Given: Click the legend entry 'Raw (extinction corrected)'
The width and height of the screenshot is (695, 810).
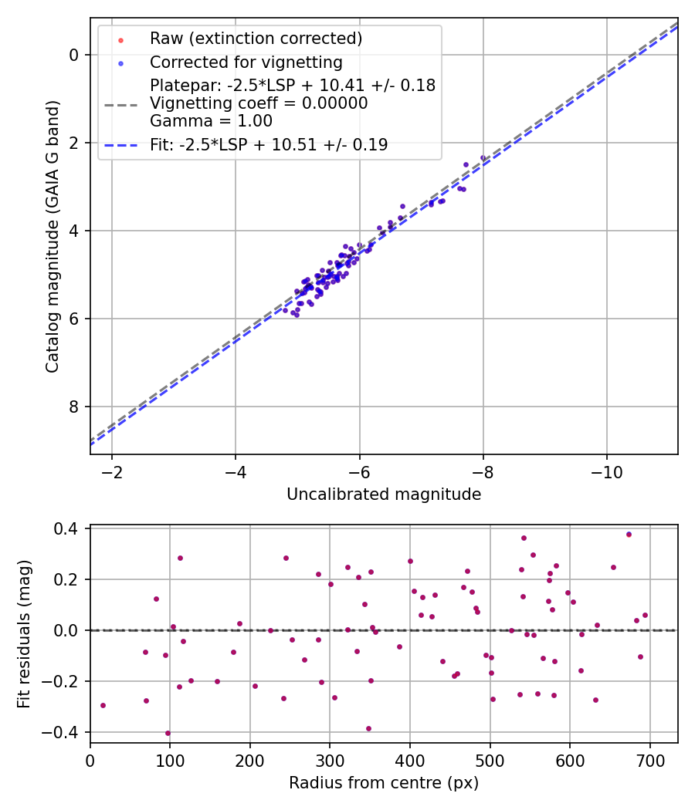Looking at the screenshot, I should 256,39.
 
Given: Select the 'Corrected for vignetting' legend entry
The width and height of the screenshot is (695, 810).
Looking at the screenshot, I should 246,62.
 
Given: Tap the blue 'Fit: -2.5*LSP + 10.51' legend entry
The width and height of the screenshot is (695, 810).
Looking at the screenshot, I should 268,144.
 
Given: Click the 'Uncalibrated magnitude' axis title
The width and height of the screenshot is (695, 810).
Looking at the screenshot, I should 384,494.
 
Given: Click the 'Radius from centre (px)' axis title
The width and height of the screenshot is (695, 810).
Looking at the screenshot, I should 384,783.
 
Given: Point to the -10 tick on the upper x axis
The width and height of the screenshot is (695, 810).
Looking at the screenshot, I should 607,470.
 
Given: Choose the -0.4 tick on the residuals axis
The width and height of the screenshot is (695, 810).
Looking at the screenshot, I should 63,732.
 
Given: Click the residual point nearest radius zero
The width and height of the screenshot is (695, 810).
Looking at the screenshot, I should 103,705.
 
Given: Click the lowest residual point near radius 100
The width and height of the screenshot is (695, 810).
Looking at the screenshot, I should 168,733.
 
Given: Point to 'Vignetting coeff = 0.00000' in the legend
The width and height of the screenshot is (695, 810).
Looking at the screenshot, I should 259,103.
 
